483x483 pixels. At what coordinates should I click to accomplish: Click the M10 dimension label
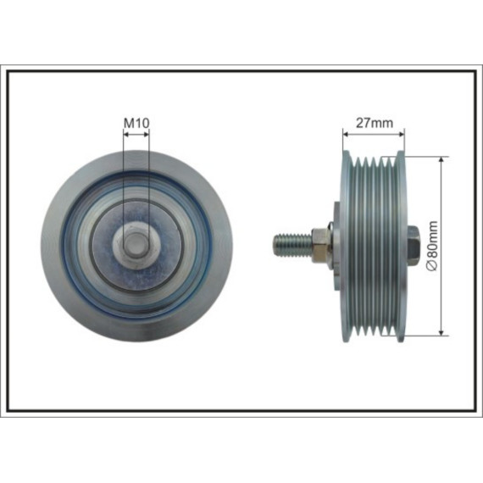[136, 123]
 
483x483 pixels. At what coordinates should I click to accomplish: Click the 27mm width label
[375, 123]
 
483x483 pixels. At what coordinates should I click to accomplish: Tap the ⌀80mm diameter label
[432, 246]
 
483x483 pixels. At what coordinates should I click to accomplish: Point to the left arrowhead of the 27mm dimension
[346, 134]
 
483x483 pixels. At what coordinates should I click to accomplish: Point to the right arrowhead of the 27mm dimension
[402, 134]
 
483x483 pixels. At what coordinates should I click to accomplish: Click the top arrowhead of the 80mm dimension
[441, 159]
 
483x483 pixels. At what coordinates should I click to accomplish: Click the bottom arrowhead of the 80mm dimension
[441, 332]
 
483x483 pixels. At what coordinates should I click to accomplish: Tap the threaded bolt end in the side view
[292, 246]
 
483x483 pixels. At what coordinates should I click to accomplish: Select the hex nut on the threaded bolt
[320, 246]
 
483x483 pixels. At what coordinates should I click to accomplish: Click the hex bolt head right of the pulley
[414, 246]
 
